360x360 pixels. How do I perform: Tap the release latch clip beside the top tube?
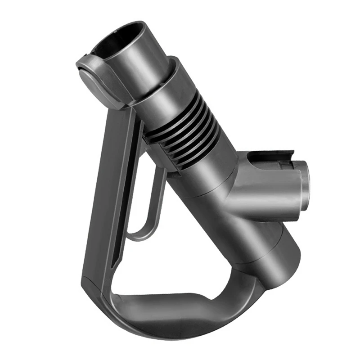[x=92, y=76]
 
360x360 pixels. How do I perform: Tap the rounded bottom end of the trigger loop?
[x=139, y=234]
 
